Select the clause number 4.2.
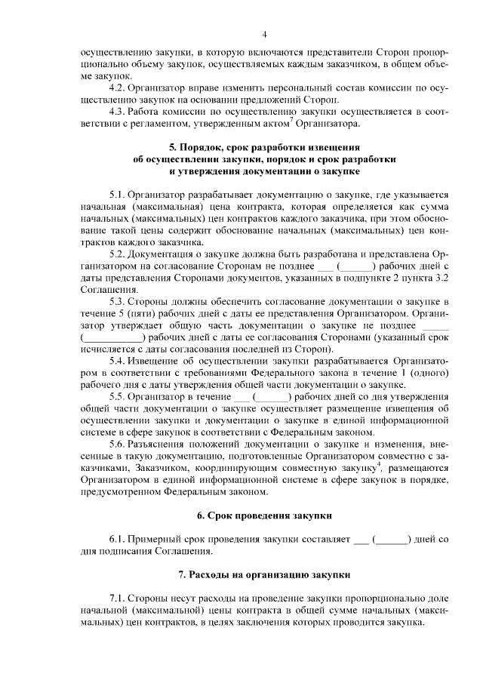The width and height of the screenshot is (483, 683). tap(118, 88)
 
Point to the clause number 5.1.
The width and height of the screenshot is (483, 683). tap(118, 195)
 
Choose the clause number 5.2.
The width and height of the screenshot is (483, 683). tap(118, 254)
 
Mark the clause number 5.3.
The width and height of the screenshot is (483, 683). tap(118, 302)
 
